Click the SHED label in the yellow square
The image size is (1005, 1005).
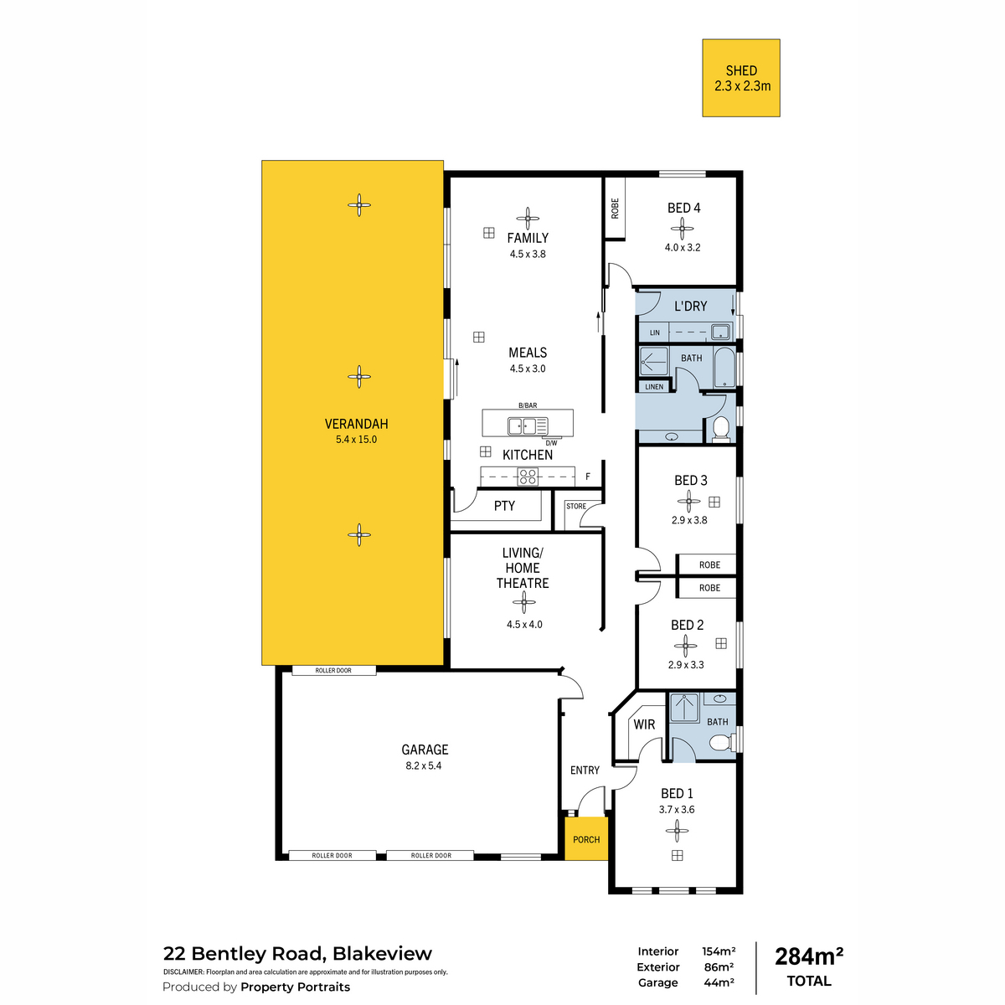[741, 70]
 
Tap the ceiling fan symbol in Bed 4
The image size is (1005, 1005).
[682, 228]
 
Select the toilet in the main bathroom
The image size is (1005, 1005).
[721, 429]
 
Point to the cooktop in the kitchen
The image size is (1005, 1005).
[528, 477]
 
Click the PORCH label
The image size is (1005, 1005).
[586, 839]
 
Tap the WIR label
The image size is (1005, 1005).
[644, 724]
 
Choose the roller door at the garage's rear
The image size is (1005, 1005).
[334, 670]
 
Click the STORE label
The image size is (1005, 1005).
[575, 506]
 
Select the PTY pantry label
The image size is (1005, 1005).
[504, 505]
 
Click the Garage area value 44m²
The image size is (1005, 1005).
[719, 982]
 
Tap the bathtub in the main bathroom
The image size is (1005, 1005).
[724, 367]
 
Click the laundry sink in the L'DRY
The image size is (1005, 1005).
[720, 331]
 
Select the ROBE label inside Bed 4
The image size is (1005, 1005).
[615, 208]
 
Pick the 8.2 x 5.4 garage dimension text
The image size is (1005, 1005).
[424, 765]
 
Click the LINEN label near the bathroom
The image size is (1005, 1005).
[654, 386]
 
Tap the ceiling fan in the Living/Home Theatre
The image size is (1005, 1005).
[523, 603]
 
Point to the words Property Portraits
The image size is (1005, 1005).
[295, 987]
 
